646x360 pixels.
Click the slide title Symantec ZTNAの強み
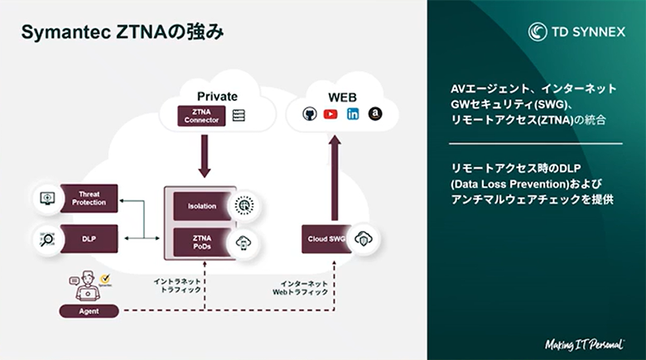pyautogui.click(x=122, y=32)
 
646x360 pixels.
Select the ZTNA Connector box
pyautogui.click(x=201, y=116)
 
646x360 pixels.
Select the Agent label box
pyautogui.click(x=89, y=311)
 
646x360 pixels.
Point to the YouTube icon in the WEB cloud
pyautogui.click(x=330, y=114)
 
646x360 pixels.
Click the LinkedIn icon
pyautogui.click(x=353, y=114)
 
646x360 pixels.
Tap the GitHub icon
pyautogui.click(x=309, y=114)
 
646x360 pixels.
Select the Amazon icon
pyautogui.click(x=374, y=114)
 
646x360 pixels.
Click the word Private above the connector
pyautogui.click(x=217, y=96)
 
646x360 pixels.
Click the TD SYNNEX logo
pyautogui.click(x=576, y=32)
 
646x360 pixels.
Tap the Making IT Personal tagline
pyautogui.click(x=583, y=343)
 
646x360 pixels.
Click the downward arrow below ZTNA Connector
pyautogui.click(x=202, y=155)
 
